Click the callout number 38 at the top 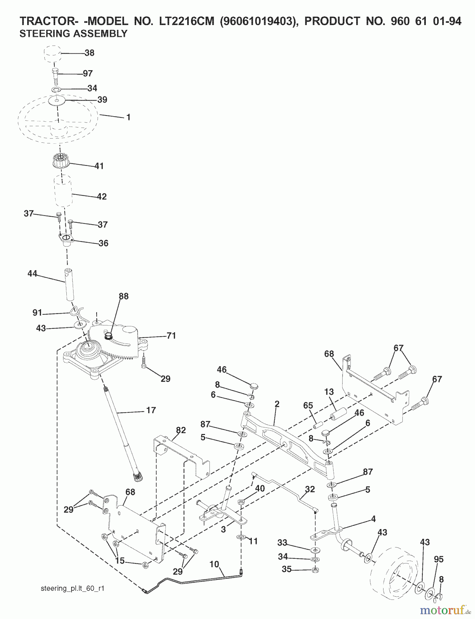(89, 53)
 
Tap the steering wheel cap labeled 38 (53, 54)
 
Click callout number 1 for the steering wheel (128, 117)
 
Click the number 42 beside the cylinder (101, 196)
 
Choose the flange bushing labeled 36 (64, 239)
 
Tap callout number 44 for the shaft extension (32, 274)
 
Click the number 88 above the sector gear (123, 296)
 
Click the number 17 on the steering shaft (151, 410)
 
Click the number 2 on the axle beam (277, 404)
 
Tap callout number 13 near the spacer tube (329, 392)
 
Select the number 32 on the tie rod (310, 489)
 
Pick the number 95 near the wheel (439, 559)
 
